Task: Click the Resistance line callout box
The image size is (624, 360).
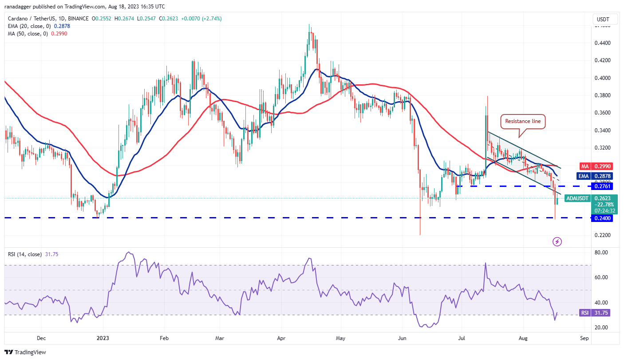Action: (522, 121)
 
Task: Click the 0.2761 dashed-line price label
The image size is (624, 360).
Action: (601, 186)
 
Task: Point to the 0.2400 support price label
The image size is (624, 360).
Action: (601, 218)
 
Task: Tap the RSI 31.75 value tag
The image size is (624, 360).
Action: (596, 313)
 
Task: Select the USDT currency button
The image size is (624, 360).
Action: (603, 20)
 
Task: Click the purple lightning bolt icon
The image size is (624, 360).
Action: (557, 241)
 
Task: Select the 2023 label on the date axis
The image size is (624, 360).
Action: (103, 338)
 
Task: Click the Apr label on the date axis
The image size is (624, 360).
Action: (281, 338)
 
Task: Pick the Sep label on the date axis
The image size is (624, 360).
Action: (584, 338)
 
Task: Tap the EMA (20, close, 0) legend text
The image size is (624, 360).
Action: (36, 26)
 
